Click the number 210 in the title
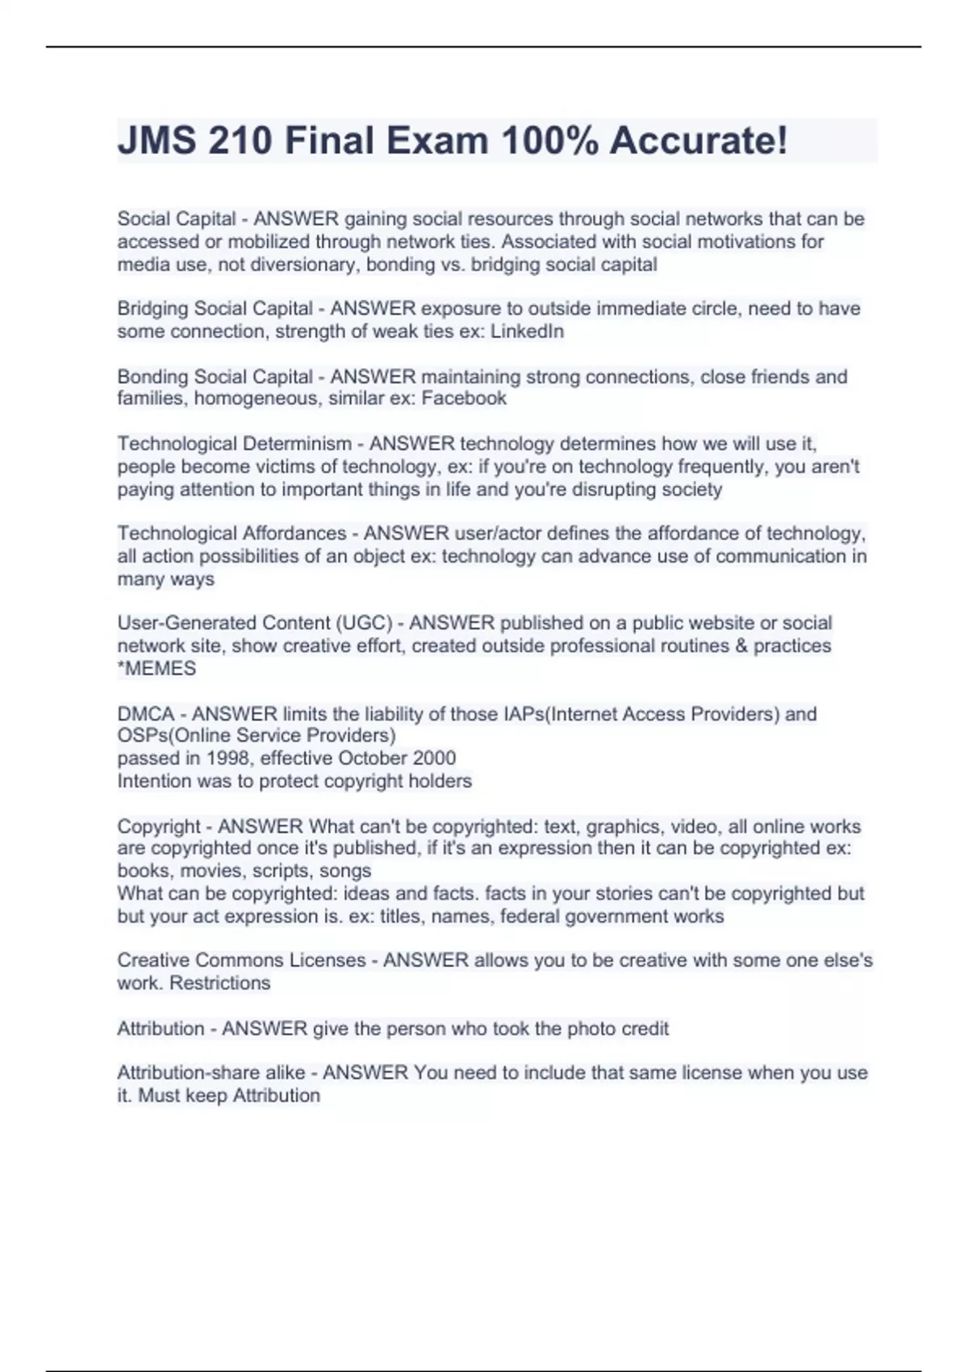[240, 141]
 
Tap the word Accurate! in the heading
[699, 141]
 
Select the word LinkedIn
[527, 331]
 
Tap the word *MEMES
[156, 668]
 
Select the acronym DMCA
[146, 714]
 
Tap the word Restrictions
[219, 983]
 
